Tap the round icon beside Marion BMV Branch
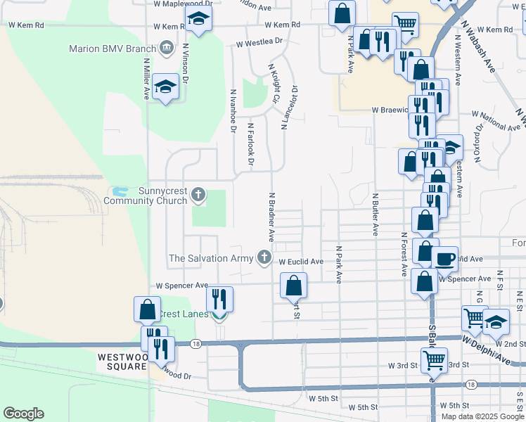coord(167,48)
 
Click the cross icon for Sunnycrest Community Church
coord(198,195)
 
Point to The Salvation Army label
coord(210,258)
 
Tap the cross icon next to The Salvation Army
coord(264,257)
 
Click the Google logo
coord(23,414)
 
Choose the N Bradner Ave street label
coord(271,215)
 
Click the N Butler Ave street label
coord(376,215)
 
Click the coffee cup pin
coord(444,258)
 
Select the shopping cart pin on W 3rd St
coord(434,360)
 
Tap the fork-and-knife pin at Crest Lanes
coord(219,299)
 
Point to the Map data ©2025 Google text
coord(482,416)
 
